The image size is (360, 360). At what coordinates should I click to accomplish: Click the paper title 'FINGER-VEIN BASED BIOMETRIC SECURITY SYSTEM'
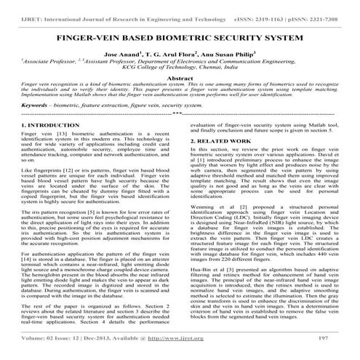(179, 36)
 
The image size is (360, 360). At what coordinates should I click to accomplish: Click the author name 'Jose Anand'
(121, 55)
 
